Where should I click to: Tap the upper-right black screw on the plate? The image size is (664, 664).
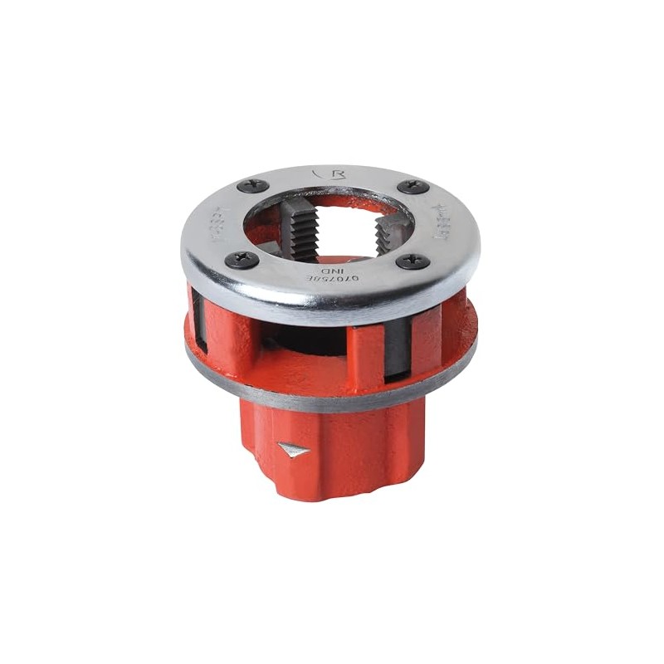(413, 187)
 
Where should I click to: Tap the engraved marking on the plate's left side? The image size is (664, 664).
(206, 226)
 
